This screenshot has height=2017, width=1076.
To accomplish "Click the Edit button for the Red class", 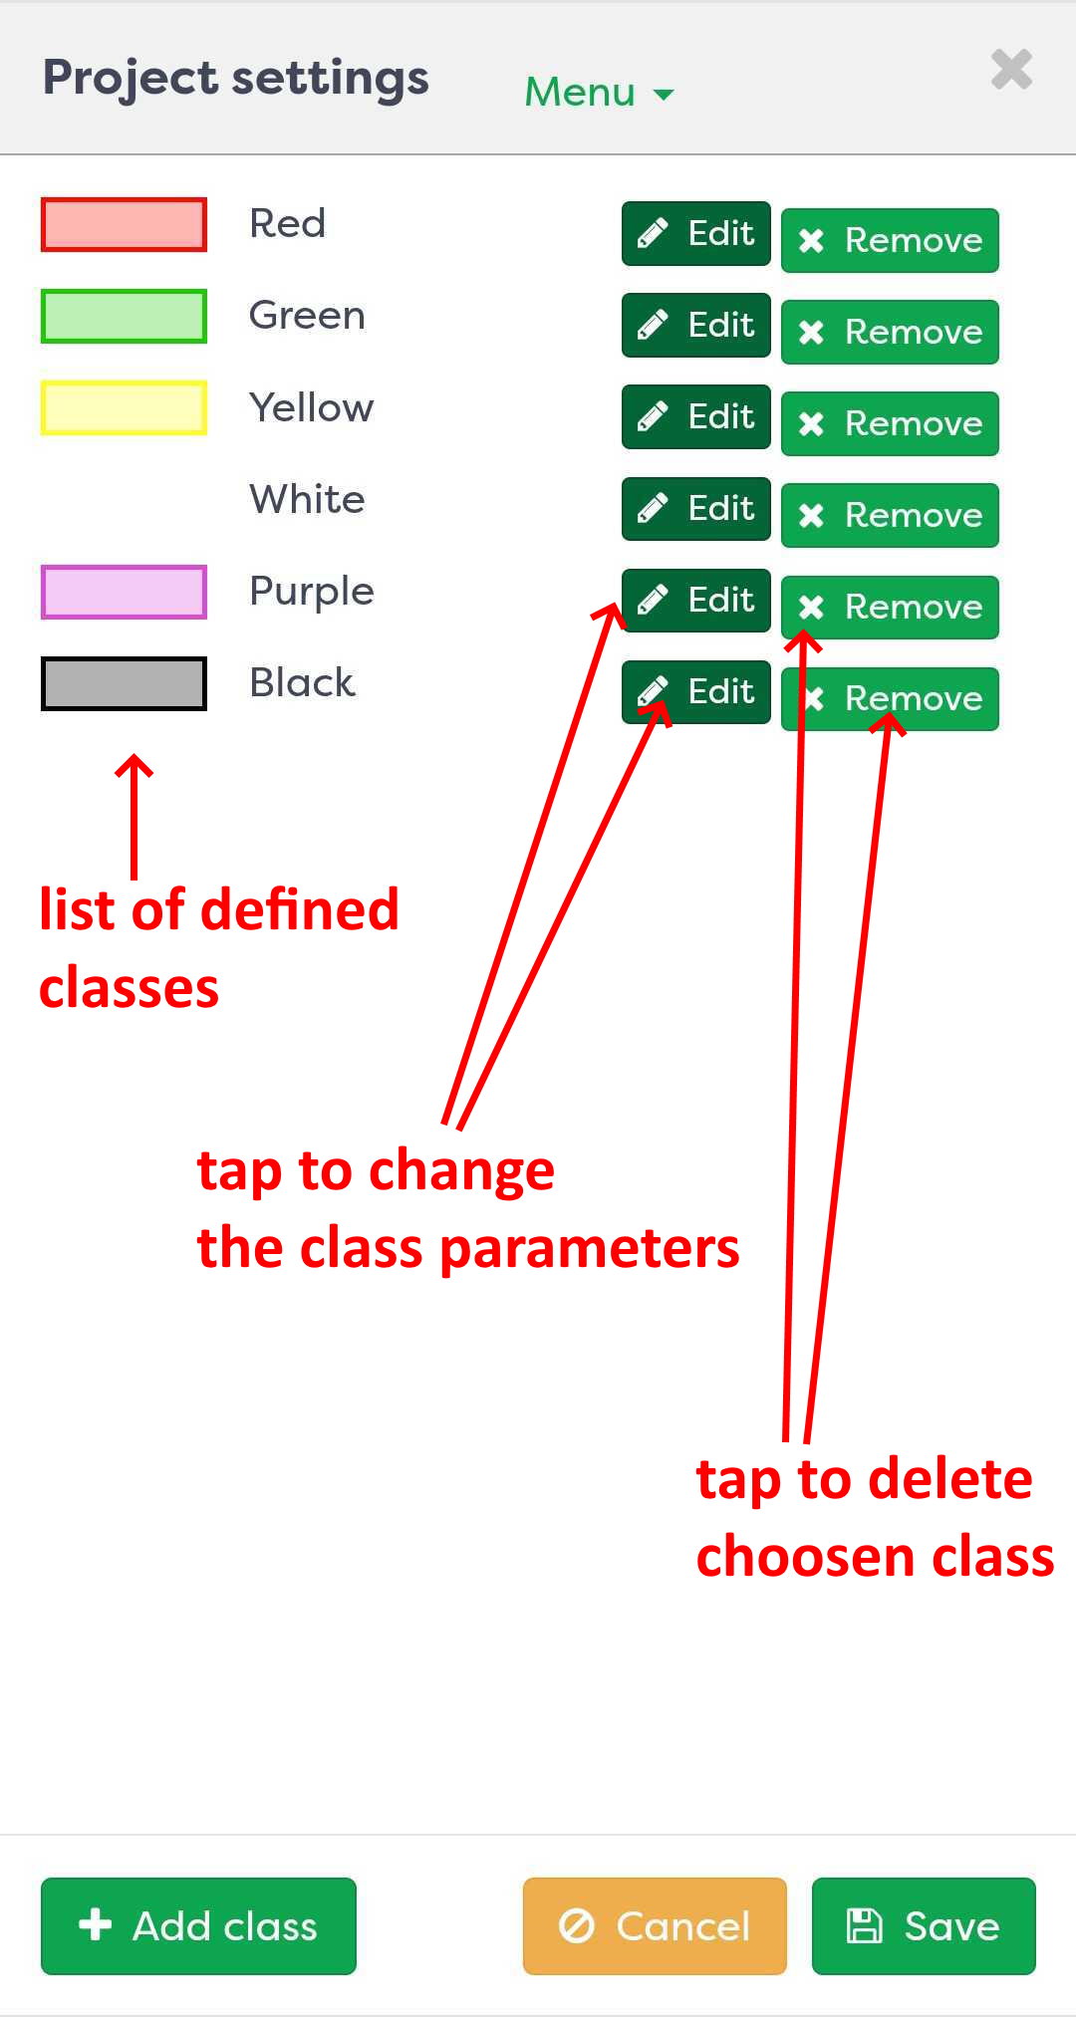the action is coord(696,234).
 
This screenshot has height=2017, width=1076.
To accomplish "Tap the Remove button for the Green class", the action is coord(890,332).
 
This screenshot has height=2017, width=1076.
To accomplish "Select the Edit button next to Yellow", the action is coord(696,417).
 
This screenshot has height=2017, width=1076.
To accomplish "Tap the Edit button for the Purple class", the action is coord(696,601).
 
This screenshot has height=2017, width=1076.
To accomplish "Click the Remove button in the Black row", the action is coord(890,698).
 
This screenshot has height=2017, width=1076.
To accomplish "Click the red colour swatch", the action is coord(124,224).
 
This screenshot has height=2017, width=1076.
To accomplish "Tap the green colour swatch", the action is coord(124,316).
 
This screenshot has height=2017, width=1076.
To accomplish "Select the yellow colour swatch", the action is coord(124,407).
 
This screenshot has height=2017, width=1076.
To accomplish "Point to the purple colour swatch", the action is coord(124,592).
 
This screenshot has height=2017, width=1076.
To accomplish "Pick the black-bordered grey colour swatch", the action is coord(124,683).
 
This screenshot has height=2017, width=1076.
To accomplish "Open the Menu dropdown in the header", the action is coord(599,92).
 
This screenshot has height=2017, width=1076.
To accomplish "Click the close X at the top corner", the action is coord(1011,69).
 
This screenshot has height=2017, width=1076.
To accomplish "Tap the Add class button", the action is coord(198,1925).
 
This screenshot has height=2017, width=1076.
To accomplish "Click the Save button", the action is coord(924,1925).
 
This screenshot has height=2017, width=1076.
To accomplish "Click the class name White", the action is coord(307,499).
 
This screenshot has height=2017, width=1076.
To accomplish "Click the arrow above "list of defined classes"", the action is coord(134,816).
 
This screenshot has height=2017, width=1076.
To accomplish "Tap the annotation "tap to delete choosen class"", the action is coord(875,1517).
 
